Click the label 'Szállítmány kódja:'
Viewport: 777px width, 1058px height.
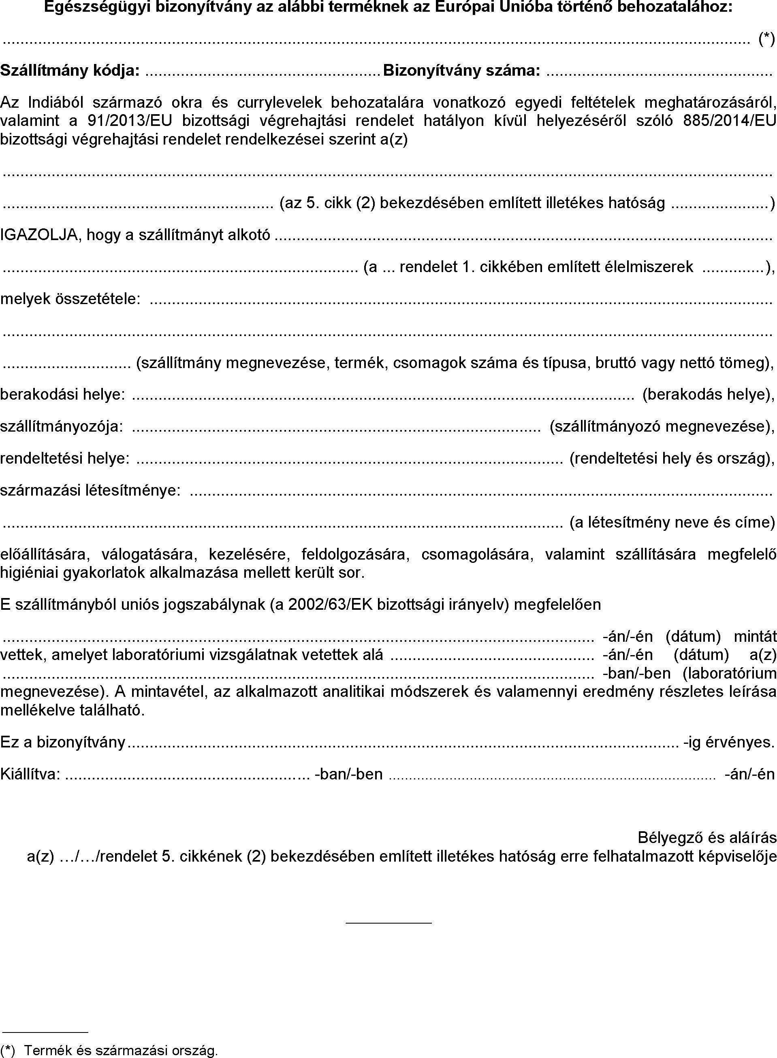(x=70, y=70)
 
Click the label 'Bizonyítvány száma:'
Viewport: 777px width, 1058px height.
(x=461, y=70)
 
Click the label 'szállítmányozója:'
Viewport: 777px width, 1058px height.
(x=62, y=426)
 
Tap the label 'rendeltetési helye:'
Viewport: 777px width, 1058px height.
(x=65, y=458)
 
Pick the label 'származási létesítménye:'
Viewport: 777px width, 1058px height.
(x=90, y=490)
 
